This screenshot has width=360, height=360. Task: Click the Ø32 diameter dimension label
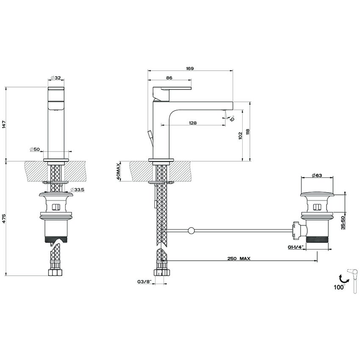point(56,78)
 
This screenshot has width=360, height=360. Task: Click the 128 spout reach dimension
point(193,123)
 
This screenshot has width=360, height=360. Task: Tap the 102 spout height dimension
point(240,135)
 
